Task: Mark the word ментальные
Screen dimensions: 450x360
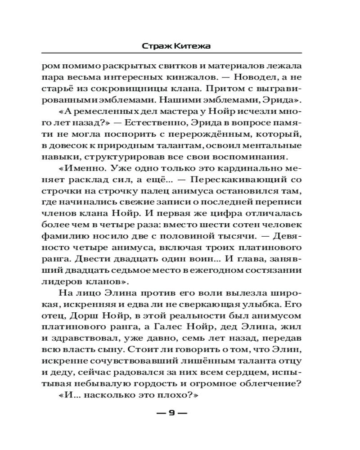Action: (268, 146)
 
